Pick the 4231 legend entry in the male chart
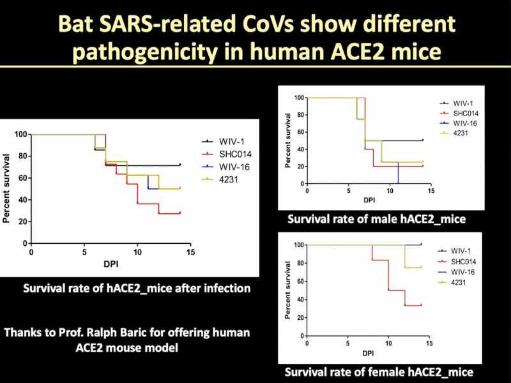(x=451, y=132)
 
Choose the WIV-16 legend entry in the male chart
(x=455, y=123)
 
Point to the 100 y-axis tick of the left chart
(x=19, y=135)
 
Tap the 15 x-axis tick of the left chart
(x=190, y=252)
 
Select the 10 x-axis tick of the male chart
(x=369, y=191)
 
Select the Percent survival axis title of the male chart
(x=289, y=140)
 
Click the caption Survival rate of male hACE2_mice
(x=376, y=219)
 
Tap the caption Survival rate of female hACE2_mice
(x=379, y=372)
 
